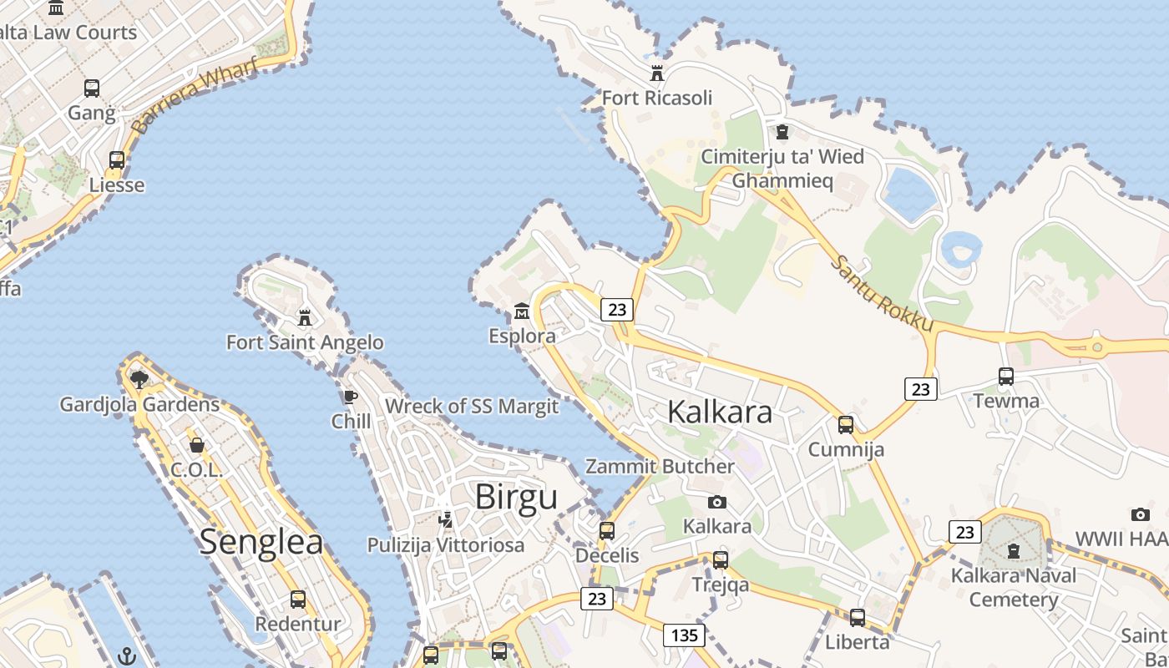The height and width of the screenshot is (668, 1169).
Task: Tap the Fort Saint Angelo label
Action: point(305,342)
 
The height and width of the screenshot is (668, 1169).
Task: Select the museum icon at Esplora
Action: point(522,311)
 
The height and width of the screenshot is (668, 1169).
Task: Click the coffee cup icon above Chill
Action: point(350,396)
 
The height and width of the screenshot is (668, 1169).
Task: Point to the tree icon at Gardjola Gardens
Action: point(139,380)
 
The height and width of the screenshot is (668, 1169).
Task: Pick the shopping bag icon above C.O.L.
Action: point(197,445)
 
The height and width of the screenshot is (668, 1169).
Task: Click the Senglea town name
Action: point(261,542)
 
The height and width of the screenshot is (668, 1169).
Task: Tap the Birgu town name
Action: point(516,497)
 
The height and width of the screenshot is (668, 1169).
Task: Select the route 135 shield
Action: point(684,635)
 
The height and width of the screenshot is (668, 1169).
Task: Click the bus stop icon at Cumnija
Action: point(846,425)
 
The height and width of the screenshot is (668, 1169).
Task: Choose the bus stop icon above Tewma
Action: point(1006,377)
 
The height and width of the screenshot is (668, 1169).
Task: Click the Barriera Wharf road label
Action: point(194,97)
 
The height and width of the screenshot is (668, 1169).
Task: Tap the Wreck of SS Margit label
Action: point(471,407)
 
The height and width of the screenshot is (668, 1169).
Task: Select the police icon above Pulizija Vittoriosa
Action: point(446,520)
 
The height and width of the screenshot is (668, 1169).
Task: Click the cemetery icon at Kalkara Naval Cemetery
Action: point(1014,550)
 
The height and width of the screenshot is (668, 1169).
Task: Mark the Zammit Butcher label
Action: point(660,467)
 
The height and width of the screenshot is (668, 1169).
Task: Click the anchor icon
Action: point(127,655)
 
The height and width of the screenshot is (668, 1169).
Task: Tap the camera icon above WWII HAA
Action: point(1140,514)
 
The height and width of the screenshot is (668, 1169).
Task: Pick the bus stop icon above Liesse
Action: point(117,159)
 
